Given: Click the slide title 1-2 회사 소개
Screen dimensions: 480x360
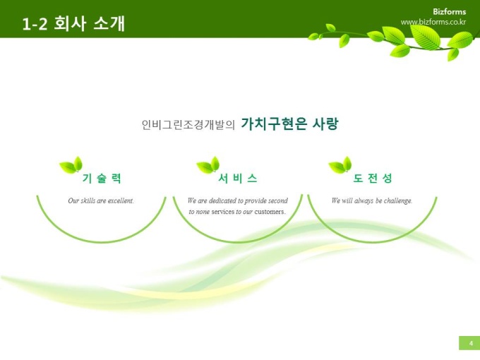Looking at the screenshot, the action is coord(73,23).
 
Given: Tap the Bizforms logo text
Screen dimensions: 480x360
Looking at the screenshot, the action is coord(449,11).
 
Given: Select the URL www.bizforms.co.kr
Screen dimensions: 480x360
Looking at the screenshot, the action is coord(433,22).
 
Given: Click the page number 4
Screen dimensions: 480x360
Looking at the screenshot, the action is coord(471,343).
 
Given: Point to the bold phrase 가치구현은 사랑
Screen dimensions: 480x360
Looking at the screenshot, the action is coord(289,124).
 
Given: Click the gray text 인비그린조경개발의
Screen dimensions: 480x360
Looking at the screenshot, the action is coord(188,125).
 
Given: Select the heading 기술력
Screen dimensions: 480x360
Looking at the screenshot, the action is coord(102,178).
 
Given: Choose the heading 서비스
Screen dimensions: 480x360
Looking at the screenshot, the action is coord(238,178).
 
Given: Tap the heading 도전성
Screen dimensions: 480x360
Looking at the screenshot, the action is coord(373,178).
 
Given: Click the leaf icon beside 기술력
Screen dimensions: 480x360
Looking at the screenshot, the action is coord(71,165).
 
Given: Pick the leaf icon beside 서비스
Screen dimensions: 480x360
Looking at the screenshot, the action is coord(208,165).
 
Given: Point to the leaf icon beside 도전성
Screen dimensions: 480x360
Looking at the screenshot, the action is coord(340,165).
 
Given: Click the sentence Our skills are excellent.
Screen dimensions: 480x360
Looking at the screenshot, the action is coord(101,200).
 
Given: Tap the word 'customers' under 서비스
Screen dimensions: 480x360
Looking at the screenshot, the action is coord(270,212).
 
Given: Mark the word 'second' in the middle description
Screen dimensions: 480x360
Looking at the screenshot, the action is coord(278,200).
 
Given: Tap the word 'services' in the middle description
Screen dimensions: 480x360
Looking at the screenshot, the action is coord(222,212).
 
